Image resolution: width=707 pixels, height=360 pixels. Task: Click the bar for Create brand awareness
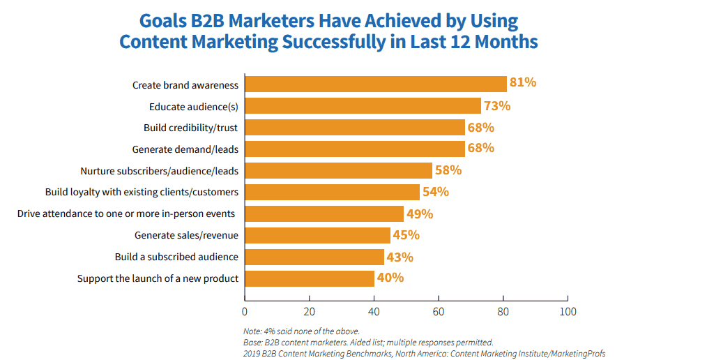[x=375, y=84]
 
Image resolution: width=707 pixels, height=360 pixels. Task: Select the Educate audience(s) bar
[x=363, y=106]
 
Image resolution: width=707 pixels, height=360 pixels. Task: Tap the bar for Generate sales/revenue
[x=317, y=235]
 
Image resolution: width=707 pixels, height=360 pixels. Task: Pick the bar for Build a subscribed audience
[x=314, y=257]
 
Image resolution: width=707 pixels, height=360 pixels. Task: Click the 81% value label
[x=523, y=83]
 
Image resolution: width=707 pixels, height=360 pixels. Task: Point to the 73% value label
[x=497, y=106]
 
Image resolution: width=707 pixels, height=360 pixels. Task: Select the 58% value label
[x=448, y=170]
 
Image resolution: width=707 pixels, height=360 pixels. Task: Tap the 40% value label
[x=390, y=278]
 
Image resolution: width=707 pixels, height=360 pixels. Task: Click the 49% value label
[x=420, y=213]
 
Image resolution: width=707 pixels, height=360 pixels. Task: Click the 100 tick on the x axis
[x=568, y=310]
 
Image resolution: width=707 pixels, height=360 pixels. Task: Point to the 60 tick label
[x=439, y=310]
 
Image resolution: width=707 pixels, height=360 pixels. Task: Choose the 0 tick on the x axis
[x=245, y=310]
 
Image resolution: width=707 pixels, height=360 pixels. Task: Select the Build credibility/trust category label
[x=191, y=128]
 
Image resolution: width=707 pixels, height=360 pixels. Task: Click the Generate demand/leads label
[x=185, y=149]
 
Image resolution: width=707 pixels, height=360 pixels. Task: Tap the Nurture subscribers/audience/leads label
[x=159, y=171]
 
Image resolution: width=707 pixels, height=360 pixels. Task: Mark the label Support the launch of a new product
[x=158, y=278]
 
